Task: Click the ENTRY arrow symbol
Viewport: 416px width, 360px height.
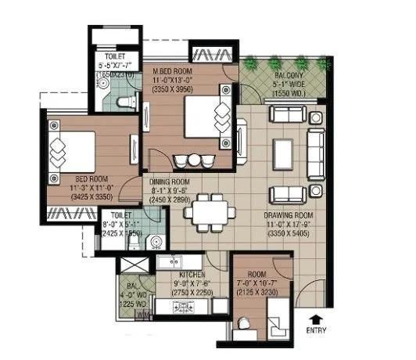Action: (315, 318)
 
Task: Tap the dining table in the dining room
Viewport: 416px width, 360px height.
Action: (209, 209)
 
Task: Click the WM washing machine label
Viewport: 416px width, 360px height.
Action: (142, 314)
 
